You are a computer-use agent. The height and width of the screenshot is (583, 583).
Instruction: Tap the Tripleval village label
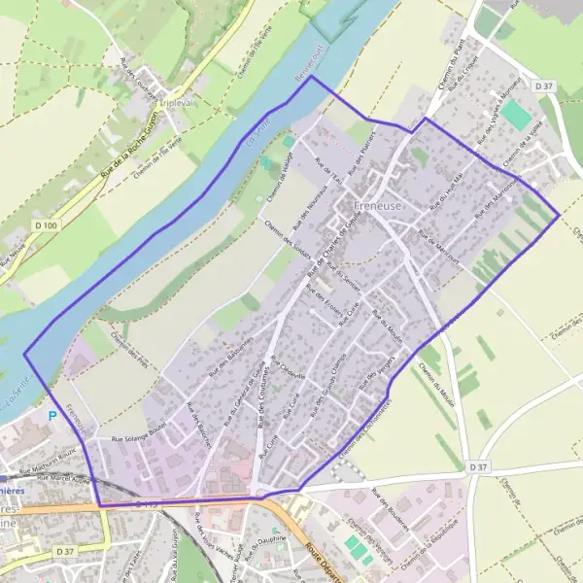click(x=179, y=108)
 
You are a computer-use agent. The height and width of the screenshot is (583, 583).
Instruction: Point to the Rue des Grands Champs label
click(x=328, y=389)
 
